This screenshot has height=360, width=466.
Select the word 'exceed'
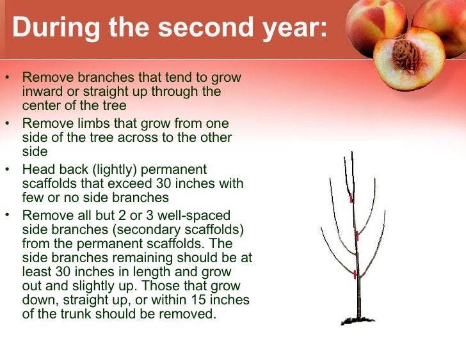129,184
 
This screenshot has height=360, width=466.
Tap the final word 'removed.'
192,314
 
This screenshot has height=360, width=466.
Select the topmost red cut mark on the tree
351,198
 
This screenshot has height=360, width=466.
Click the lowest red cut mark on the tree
353,274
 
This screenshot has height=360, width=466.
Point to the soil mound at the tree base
358,319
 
